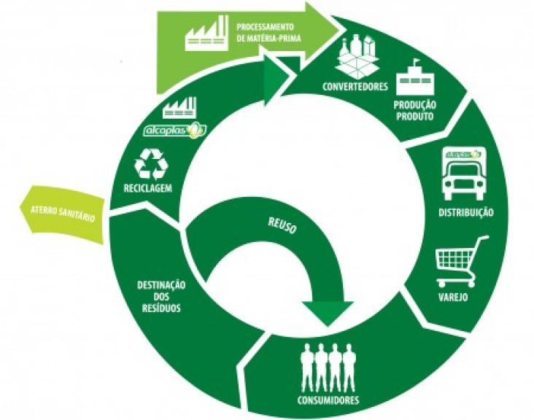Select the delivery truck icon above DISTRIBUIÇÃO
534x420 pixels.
[462, 176]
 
